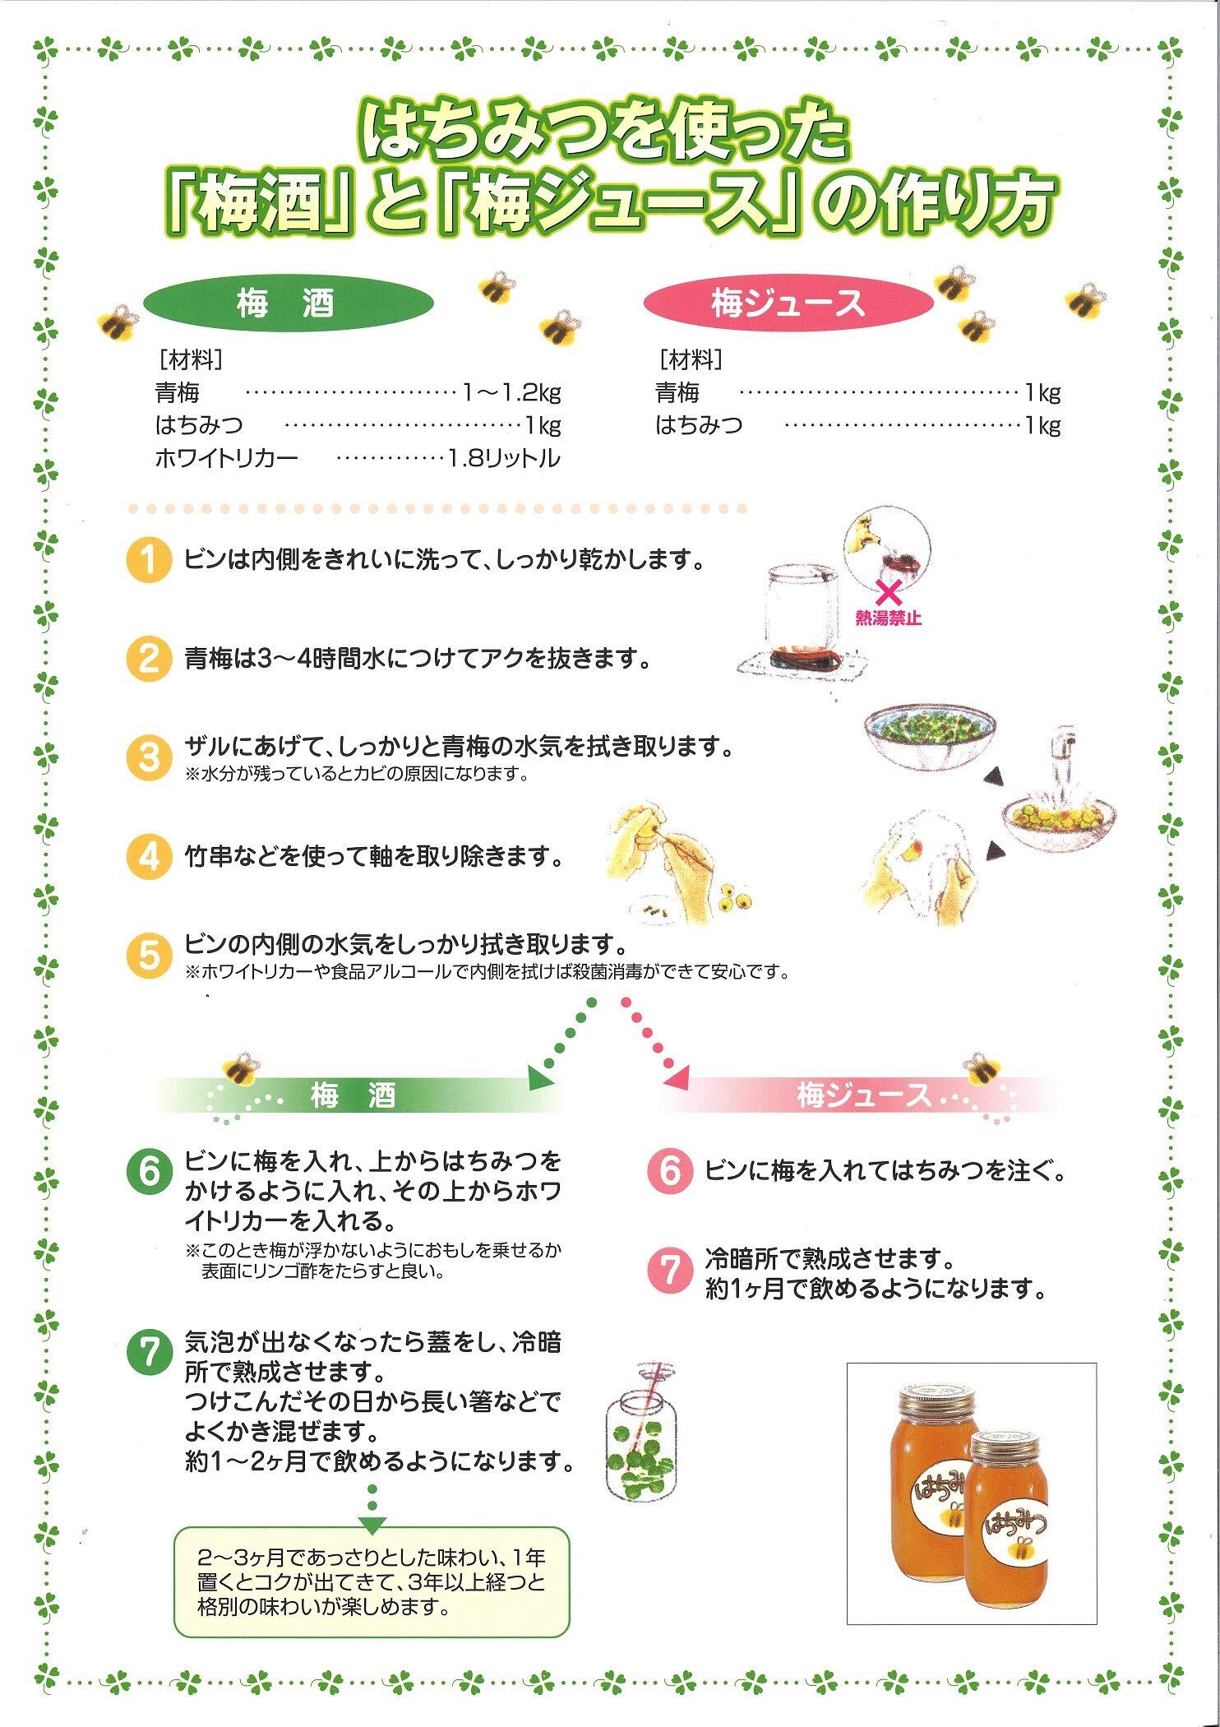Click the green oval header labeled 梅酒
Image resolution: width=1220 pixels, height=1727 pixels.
[288, 306]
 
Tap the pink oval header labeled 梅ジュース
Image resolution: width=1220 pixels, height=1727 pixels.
[788, 305]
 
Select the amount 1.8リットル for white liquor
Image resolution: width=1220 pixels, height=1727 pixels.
[503, 458]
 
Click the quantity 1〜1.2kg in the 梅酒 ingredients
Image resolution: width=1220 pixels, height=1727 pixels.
[511, 393]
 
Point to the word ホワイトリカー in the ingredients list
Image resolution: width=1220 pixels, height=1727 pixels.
[226, 458]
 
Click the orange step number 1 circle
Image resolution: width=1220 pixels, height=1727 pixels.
[148, 562]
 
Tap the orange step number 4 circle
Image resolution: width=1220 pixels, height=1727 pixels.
[148, 857]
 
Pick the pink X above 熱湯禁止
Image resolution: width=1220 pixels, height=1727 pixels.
[887, 593]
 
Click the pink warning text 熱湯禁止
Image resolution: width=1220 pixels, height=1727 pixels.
[888, 618]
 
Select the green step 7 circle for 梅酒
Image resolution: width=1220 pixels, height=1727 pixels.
[148, 1356]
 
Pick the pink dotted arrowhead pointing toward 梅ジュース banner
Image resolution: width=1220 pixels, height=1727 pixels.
[679, 1077]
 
